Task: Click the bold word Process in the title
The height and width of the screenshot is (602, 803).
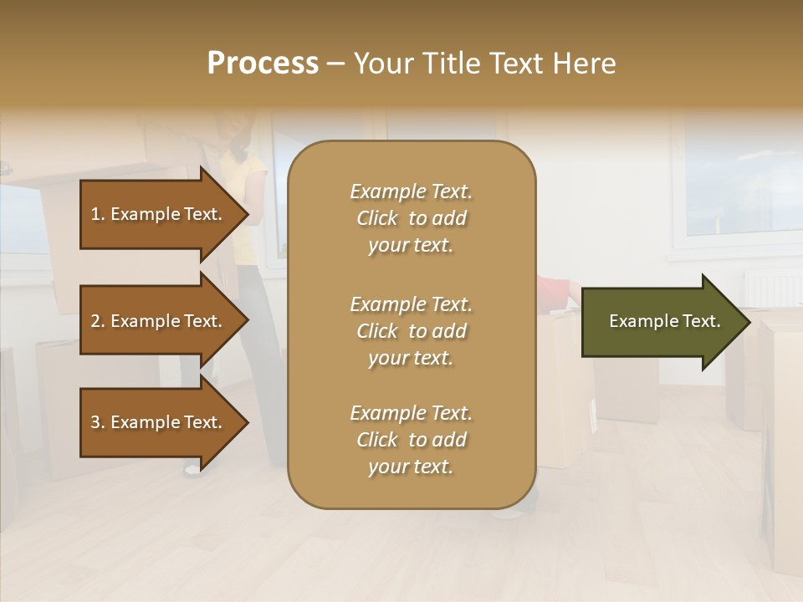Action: pos(263,64)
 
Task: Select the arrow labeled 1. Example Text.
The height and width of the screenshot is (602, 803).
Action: pos(159,214)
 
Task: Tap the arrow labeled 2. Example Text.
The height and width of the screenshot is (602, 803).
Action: pos(159,321)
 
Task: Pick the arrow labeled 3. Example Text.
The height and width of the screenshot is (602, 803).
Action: pos(159,422)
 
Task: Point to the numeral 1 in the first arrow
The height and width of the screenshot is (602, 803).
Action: pos(95,214)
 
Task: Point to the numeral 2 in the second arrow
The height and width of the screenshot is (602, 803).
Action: pos(95,321)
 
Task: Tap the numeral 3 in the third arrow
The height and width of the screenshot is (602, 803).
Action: pos(95,422)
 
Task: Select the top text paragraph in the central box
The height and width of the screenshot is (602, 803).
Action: pos(411,218)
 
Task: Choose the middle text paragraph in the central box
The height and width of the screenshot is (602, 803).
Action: pos(411,331)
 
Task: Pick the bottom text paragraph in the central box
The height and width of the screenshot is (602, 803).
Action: pos(411,440)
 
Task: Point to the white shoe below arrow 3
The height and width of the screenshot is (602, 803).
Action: pos(192,469)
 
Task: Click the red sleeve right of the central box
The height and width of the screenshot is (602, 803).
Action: pos(552,289)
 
